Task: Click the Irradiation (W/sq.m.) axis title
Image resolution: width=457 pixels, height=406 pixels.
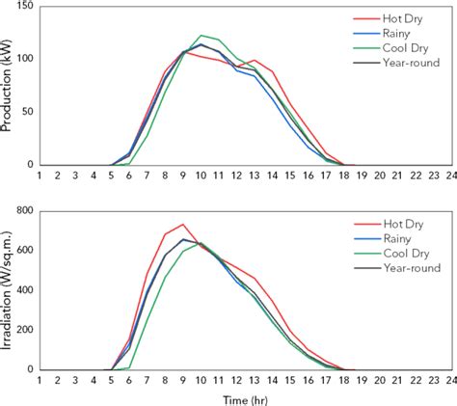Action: pos(9,289)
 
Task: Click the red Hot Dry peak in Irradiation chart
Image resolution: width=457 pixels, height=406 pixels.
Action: pos(182,225)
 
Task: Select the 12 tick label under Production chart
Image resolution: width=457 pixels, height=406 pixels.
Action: pos(219,176)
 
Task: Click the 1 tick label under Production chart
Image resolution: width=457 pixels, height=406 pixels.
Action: pos(40,176)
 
